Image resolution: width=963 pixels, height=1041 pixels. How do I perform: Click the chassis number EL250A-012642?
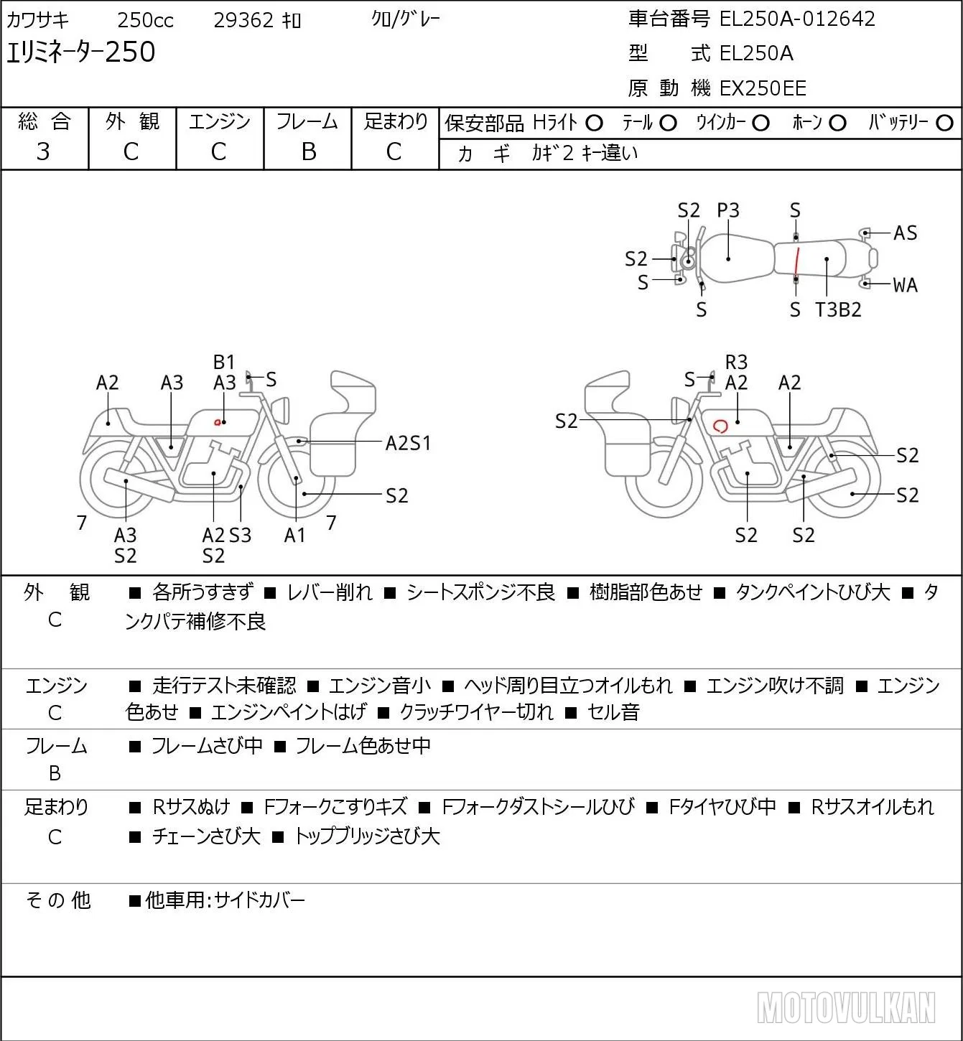(797, 19)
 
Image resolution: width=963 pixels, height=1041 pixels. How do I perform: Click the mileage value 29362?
(243, 20)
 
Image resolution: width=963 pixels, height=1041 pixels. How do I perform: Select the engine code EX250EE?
(763, 88)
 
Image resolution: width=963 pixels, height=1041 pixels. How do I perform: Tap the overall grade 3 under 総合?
(44, 152)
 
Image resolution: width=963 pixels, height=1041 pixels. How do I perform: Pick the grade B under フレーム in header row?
(309, 152)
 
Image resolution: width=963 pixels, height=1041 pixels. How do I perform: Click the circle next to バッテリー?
(944, 123)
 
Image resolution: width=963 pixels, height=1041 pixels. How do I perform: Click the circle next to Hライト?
(594, 123)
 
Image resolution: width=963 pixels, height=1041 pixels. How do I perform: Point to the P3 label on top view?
(728, 211)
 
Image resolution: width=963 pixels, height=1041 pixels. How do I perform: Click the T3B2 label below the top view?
(838, 309)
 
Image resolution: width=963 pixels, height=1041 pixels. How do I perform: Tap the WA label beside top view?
(906, 285)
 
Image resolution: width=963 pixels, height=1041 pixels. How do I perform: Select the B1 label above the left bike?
(224, 362)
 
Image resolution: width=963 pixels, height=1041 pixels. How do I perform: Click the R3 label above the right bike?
(736, 362)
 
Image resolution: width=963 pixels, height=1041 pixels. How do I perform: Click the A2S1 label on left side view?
(408, 444)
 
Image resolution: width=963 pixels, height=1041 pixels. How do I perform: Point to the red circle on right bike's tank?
(721, 426)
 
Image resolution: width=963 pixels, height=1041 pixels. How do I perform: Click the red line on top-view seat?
(796, 261)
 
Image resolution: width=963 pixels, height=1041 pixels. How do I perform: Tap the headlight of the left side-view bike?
(281, 411)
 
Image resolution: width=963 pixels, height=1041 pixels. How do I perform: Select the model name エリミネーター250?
(80, 52)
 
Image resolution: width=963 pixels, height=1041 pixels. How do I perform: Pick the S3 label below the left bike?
(241, 535)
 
